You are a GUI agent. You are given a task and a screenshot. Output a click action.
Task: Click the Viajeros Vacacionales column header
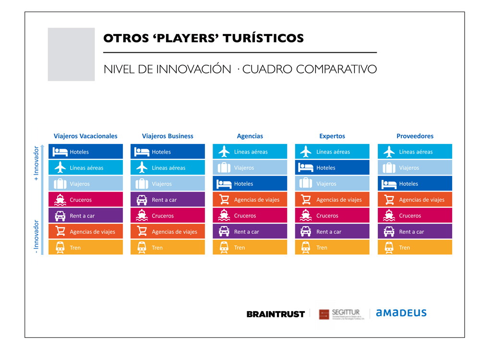coord(85,136)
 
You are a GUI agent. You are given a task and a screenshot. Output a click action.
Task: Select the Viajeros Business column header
coord(168,136)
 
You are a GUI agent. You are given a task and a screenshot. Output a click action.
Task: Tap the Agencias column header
coord(250,136)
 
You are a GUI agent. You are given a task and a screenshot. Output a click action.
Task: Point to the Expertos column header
coord(332,136)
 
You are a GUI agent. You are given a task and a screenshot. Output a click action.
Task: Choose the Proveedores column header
coord(415,136)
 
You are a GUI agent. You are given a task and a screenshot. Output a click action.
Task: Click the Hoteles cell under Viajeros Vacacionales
coord(85,152)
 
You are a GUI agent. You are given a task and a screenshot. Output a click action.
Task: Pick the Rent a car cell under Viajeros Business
coord(168,200)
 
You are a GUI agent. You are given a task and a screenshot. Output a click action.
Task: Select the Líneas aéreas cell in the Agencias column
coord(250,152)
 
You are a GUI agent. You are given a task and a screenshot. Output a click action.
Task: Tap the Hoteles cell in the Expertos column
coord(332,168)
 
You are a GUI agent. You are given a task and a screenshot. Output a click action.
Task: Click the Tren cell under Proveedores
coord(415,248)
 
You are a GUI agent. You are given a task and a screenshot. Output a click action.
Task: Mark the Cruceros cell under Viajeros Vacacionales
coord(85,200)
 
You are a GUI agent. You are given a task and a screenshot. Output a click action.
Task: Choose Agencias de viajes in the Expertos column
coord(332,200)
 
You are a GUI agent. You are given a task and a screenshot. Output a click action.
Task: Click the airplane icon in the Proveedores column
coord(389,152)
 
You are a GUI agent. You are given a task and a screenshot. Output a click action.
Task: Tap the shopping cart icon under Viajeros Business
coord(142,231)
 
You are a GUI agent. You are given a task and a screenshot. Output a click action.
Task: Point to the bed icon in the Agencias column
coord(224,184)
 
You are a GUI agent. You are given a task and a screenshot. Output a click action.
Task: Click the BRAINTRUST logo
coord(276,314)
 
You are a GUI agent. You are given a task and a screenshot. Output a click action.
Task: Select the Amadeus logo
coord(401,313)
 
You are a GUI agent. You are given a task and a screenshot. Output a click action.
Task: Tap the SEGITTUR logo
coord(341,314)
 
